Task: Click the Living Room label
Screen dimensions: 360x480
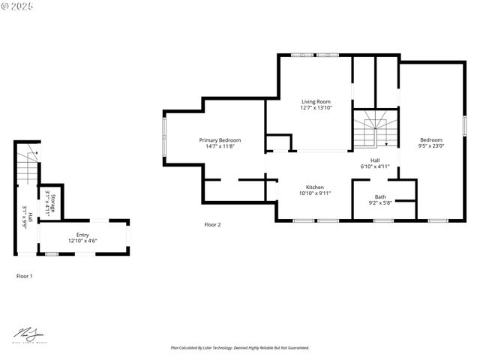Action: coord(316,101)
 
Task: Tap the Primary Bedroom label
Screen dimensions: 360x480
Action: coord(220,140)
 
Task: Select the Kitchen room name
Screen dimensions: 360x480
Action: coord(314,187)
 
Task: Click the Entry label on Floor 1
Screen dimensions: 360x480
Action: coord(82,234)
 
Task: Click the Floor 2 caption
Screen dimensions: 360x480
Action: coord(213,224)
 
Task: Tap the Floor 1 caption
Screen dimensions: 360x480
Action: coord(25,276)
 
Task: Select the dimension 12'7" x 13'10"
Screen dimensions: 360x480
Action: coord(316,108)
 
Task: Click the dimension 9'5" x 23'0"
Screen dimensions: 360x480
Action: coord(431,146)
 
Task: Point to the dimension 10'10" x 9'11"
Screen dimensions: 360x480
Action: coord(314,193)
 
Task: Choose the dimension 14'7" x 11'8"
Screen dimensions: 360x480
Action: coord(220,146)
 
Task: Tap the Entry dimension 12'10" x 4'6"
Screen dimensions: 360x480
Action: coord(82,240)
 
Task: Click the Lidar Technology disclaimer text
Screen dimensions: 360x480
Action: coord(240,348)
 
